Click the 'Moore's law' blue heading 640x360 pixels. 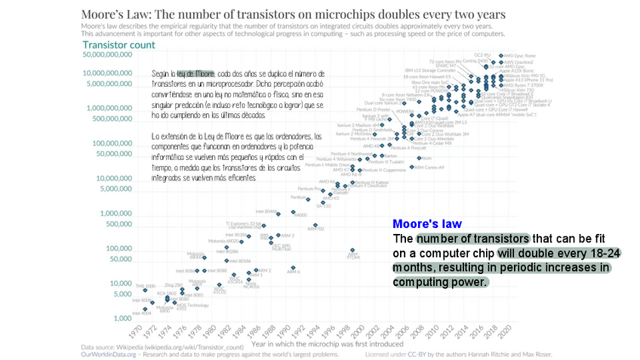pyautogui.click(x=427, y=224)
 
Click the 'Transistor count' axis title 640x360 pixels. pyautogui.click(x=119, y=45)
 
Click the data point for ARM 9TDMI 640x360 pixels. pyautogui.click(x=352, y=250)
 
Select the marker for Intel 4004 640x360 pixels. pyautogui.click(x=145, y=309)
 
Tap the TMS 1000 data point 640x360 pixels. pyautogui.click(x=145, y=290)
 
